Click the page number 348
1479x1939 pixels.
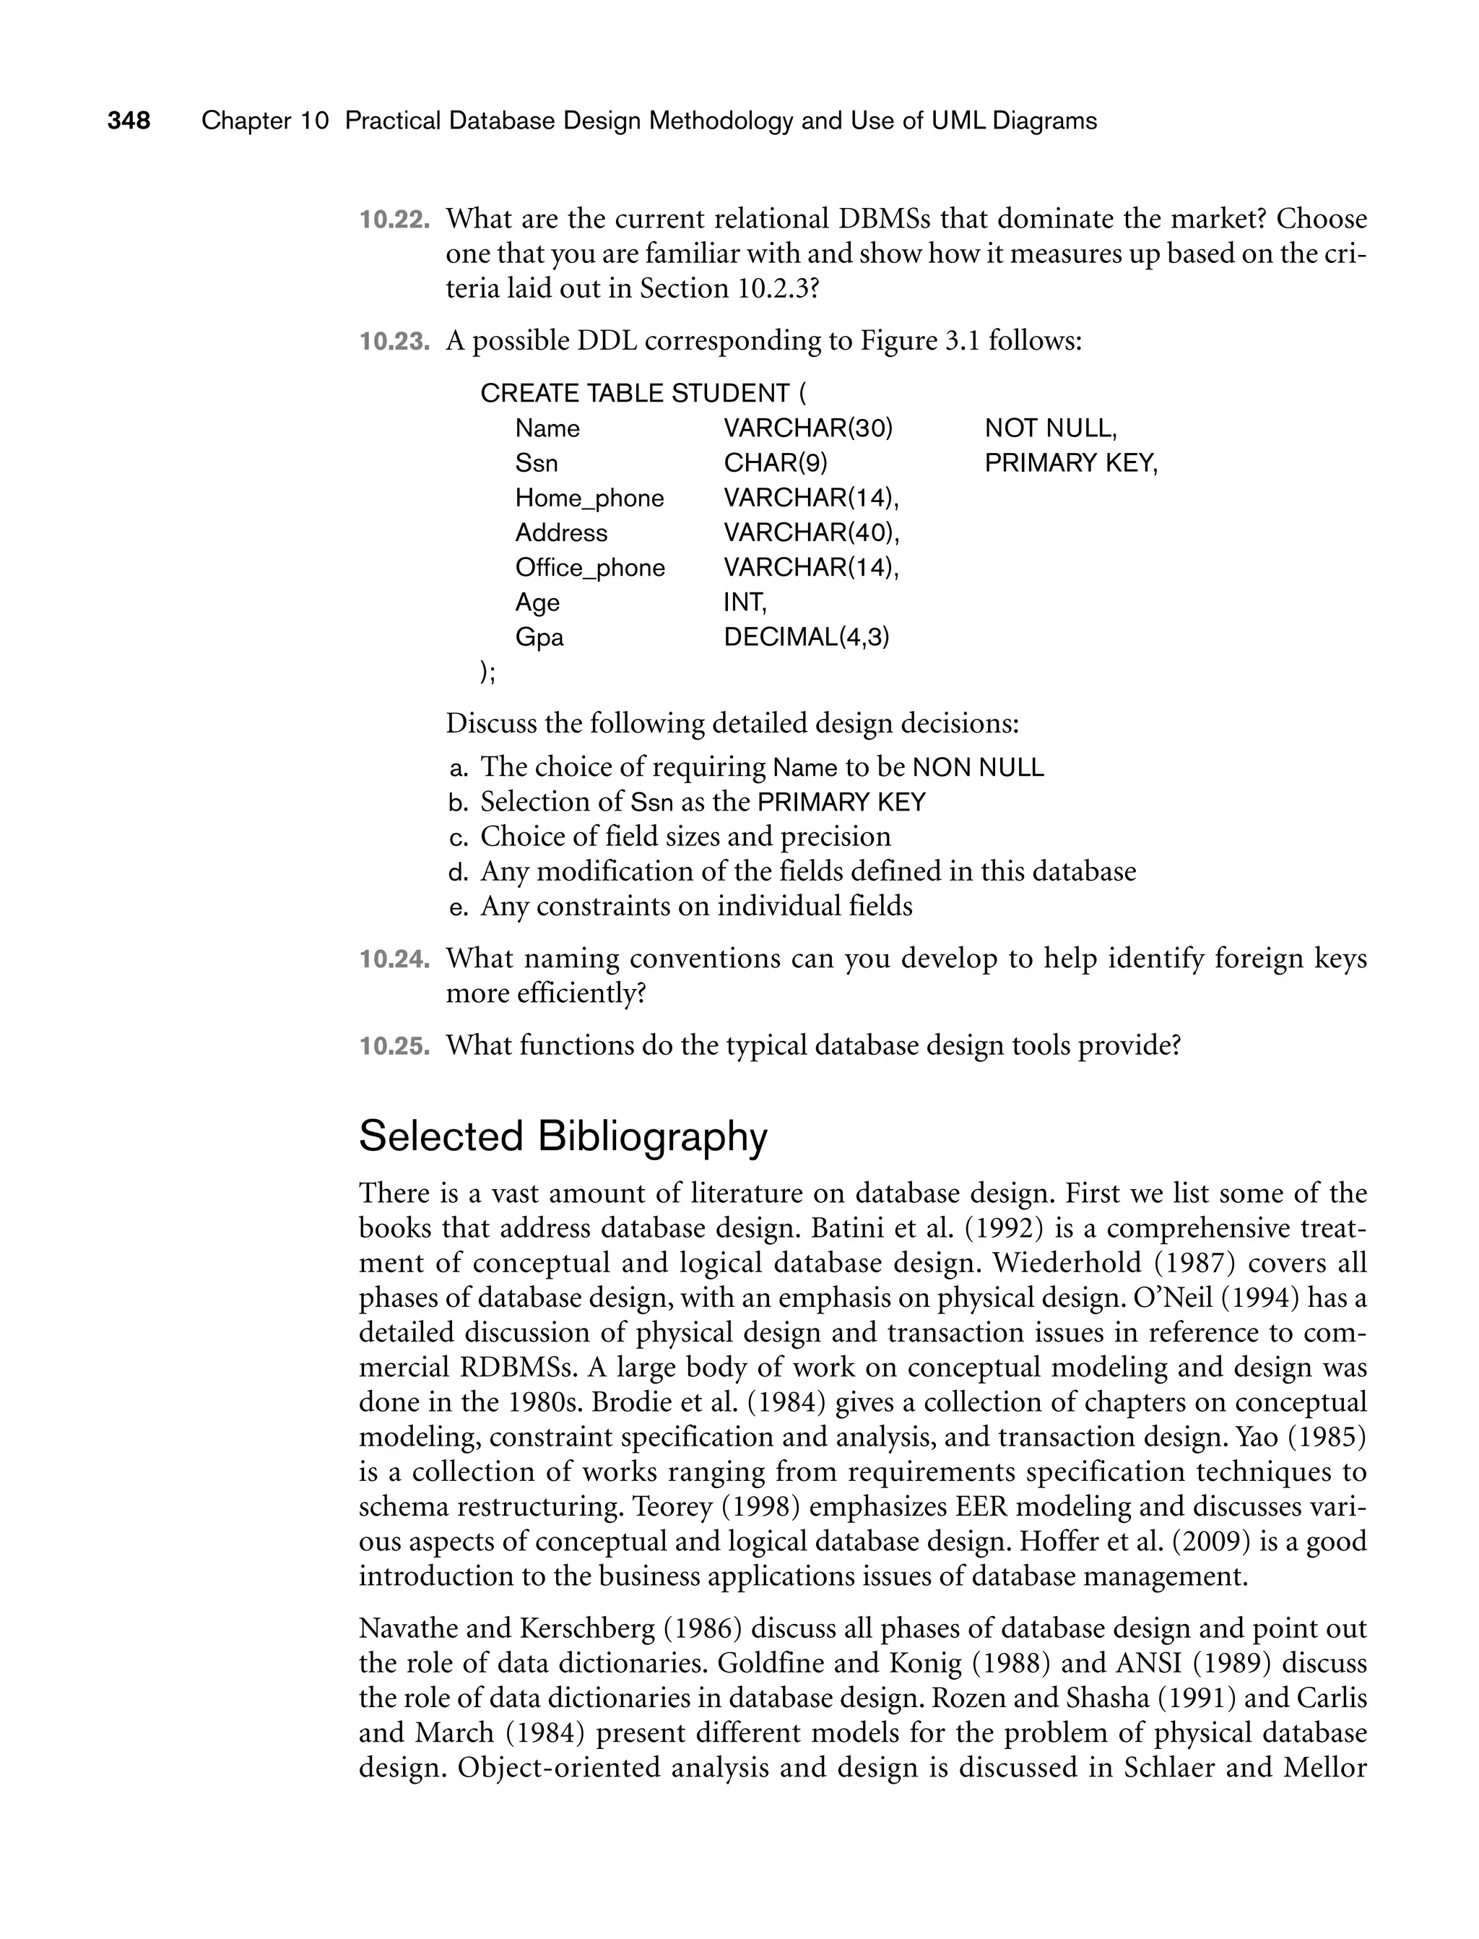pos(129,121)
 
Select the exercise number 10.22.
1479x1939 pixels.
pos(394,220)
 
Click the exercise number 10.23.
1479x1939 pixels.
pos(394,341)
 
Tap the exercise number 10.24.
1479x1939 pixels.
pos(394,959)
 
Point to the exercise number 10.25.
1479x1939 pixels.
pos(394,1046)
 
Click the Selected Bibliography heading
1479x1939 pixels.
pos(563,1136)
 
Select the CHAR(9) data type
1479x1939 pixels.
pos(775,463)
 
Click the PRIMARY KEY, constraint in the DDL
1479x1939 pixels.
pos(1070,463)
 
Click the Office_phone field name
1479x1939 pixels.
pos(589,568)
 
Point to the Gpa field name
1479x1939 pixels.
pos(539,637)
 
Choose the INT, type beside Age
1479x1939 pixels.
pos(745,603)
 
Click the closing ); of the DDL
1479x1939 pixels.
pos(487,672)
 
